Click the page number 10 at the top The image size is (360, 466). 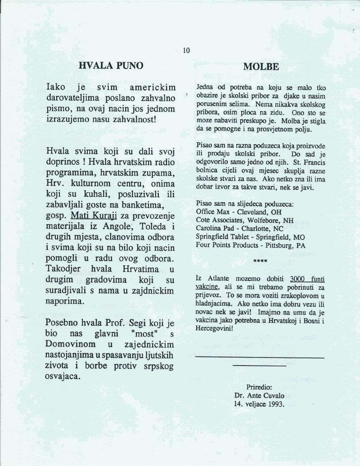point(186,50)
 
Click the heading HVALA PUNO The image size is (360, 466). point(111,66)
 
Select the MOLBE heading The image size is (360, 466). point(261,67)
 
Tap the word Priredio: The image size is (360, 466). point(259,387)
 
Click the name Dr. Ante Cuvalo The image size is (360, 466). point(260,395)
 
